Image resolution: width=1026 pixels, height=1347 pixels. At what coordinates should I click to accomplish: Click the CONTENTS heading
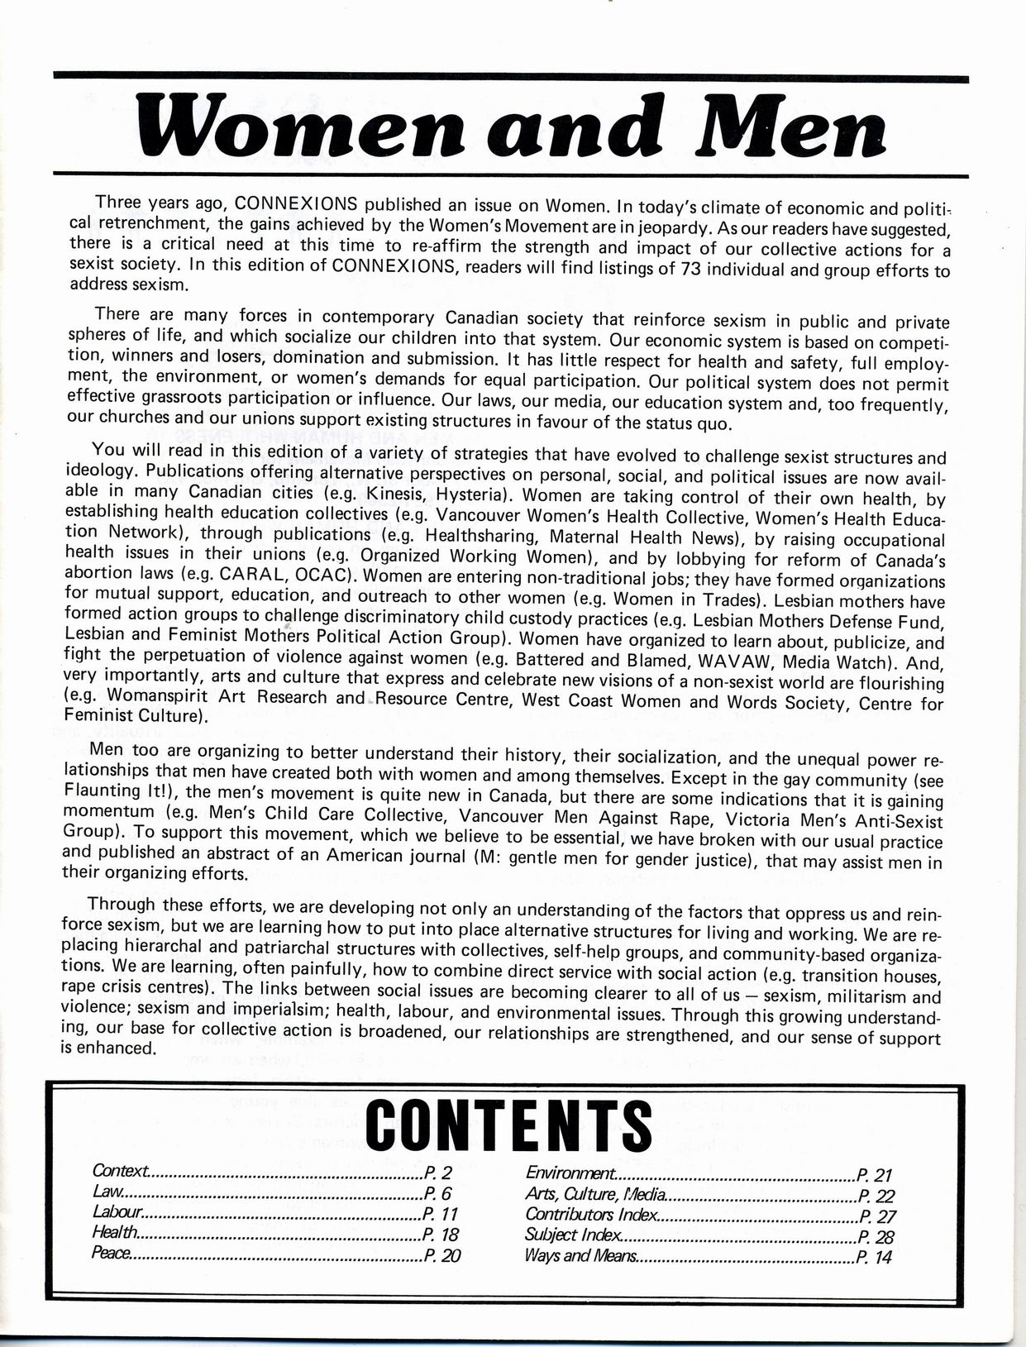click(508, 1125)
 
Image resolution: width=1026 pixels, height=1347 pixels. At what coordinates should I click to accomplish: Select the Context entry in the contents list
click(121, 1172)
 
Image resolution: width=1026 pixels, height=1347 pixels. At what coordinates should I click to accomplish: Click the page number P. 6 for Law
click(438, 1193)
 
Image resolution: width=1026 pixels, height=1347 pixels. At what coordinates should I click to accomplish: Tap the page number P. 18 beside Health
click(441, 1234)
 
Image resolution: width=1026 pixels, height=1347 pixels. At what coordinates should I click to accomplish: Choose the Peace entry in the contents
click(112, 1254)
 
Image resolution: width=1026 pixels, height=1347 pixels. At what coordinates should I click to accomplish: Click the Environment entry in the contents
click(570, 1174)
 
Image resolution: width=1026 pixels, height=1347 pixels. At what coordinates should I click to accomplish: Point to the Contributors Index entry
click(592, 1215)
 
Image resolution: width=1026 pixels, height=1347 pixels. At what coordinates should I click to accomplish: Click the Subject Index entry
click(573, 1235)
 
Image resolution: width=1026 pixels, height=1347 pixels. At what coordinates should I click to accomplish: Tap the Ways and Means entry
click(581, 1256)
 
